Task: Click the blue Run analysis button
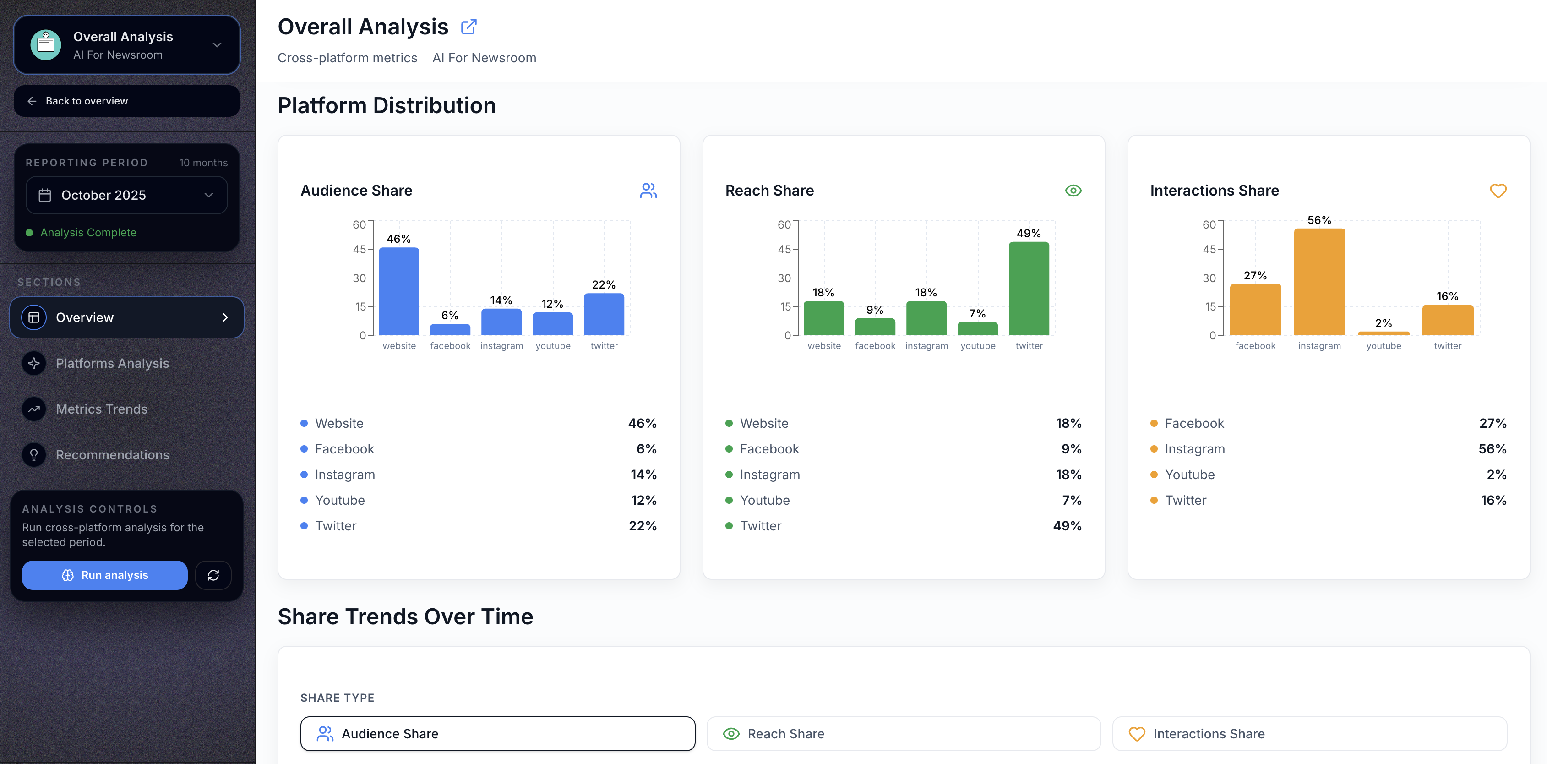(104, 575)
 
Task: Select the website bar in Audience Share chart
(399, 291)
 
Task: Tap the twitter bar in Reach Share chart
(1029, 288)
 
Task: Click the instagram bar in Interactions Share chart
(1319, 282)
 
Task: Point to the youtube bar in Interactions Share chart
(1383, 333)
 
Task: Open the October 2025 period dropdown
(127, 195)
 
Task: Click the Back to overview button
(127, 101)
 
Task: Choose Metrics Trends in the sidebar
(102, 409)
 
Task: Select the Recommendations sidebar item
(112, 455)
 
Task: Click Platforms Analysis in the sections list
(112, 363)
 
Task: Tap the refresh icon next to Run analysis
(213, 575)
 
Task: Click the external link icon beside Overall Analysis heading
(468, 27)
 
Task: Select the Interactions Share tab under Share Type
(1309, 733)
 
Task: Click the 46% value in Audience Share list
(642, 423)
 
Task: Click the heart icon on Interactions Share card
(1498, 191)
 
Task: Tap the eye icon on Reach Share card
(1073, 191)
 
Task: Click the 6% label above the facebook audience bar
(449, 315)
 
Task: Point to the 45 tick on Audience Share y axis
(359, 249)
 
